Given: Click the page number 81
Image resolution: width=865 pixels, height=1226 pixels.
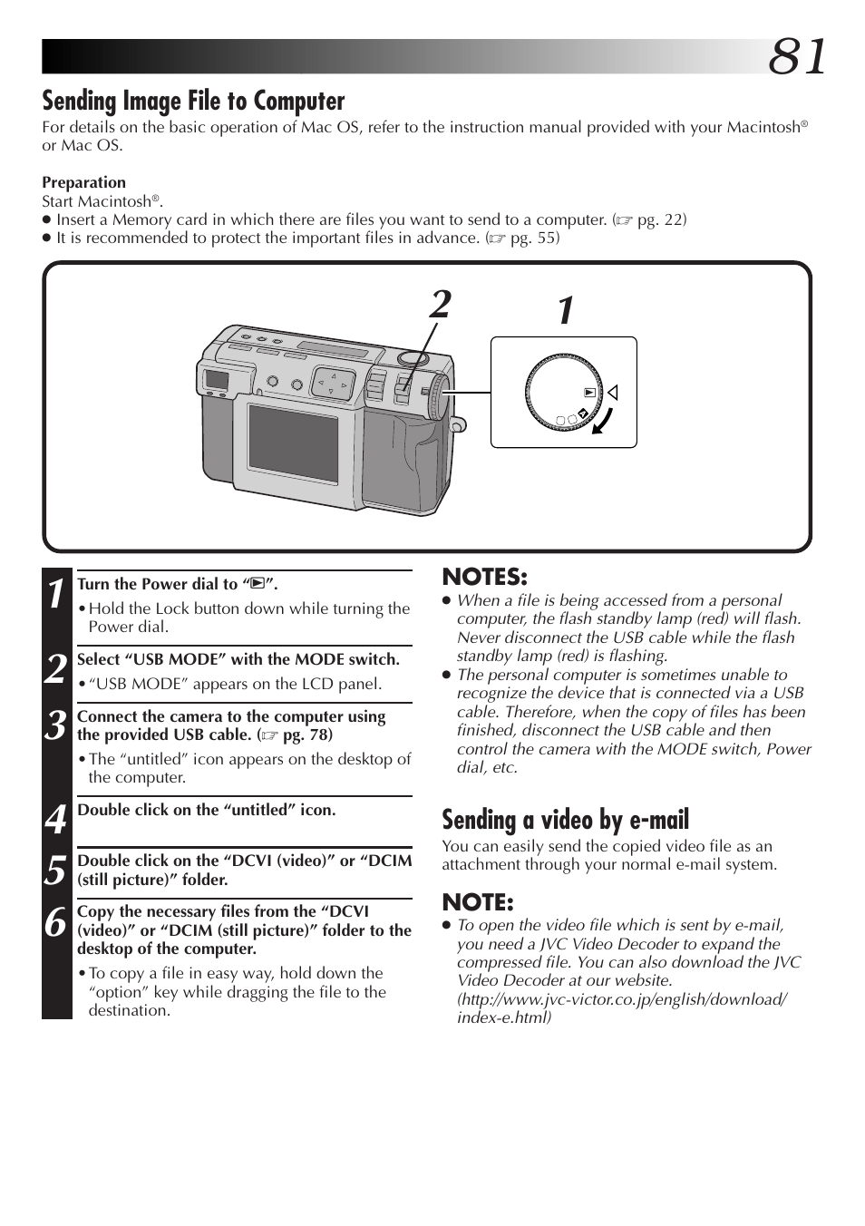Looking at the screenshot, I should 797,57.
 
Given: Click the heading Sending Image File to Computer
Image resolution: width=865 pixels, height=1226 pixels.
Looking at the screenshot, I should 193,101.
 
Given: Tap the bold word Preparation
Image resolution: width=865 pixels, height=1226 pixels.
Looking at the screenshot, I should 83,182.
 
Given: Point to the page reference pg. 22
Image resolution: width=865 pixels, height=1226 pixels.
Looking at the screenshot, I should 660,219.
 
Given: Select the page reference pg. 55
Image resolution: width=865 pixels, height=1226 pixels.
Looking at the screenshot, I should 533,238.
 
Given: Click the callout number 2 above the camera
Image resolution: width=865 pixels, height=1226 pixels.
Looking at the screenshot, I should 441,305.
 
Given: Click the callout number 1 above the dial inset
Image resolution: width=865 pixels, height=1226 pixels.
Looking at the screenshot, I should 566,311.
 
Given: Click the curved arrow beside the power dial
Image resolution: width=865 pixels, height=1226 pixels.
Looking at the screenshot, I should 603,421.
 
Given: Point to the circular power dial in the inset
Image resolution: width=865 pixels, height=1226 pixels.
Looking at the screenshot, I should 563,393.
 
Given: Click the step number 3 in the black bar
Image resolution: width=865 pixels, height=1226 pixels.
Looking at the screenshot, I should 56,725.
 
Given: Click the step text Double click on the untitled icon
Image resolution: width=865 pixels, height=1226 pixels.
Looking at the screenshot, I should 207,810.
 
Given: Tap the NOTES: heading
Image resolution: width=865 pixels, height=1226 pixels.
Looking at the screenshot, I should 484,577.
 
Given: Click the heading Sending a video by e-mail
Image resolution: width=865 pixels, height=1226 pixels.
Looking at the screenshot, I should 565,820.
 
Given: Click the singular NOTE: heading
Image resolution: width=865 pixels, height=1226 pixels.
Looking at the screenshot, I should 477,902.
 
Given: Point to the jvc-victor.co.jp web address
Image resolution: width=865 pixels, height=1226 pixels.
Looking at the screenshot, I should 622,999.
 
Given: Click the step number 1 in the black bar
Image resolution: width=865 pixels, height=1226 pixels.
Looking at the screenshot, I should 56,594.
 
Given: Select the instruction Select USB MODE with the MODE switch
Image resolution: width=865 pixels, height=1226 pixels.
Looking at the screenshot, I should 238,659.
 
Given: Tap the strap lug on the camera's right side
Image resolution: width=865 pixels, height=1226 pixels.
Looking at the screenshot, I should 458,424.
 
